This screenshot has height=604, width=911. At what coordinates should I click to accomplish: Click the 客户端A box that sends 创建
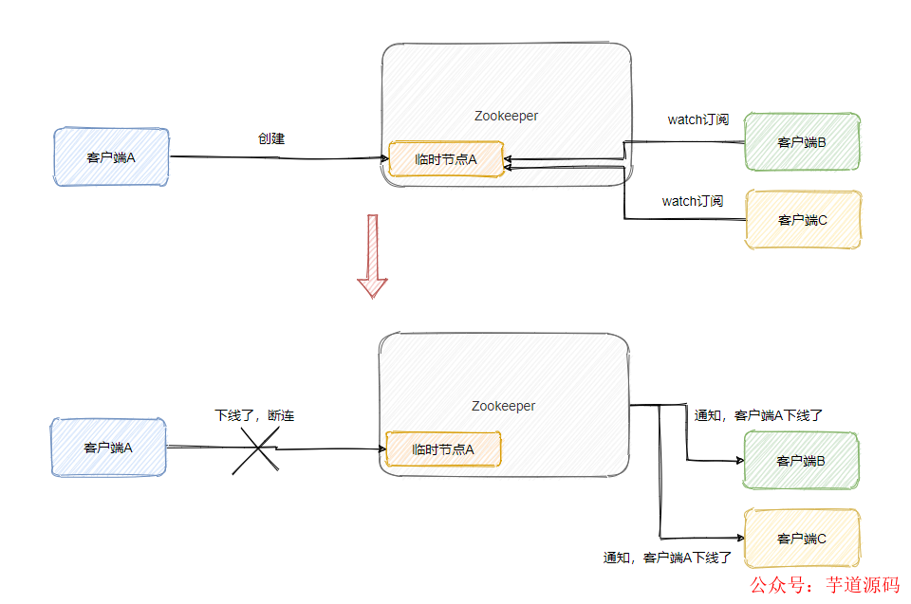coord(111,156)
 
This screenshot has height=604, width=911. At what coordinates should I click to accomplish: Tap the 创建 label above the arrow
coord(271,138)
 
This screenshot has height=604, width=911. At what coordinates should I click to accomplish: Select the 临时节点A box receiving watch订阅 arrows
coord(445,159)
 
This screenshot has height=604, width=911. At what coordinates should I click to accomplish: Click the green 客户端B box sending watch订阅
coord(802,142)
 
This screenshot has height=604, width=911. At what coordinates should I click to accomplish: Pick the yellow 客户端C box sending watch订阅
coord(803,220)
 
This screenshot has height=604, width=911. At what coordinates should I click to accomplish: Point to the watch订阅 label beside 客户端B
coord(697,119)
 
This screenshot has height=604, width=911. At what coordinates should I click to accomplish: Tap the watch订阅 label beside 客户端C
coord(692,201)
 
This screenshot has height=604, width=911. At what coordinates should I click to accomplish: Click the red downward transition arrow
coord(372,256)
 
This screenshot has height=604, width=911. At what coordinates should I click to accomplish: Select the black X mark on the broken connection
coord(255,448)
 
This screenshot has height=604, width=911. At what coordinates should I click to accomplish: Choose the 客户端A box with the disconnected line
coord(108,448)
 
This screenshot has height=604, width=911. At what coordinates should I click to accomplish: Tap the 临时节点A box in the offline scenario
coord(443,449)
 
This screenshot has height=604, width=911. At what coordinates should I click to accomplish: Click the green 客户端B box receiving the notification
coord(801,461)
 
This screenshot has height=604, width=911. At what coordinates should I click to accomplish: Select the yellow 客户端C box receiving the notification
coord(802,539)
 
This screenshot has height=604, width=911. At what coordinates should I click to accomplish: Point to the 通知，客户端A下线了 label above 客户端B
coord(757,415)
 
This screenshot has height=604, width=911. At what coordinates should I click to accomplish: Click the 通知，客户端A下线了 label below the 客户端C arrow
coord(667,558)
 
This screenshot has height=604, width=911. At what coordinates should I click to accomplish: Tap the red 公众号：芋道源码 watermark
coord(823,585)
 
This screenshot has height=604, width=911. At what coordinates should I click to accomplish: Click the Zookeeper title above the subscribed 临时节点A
coord(506,116)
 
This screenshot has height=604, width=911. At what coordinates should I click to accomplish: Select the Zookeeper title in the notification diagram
coord(503,406)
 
